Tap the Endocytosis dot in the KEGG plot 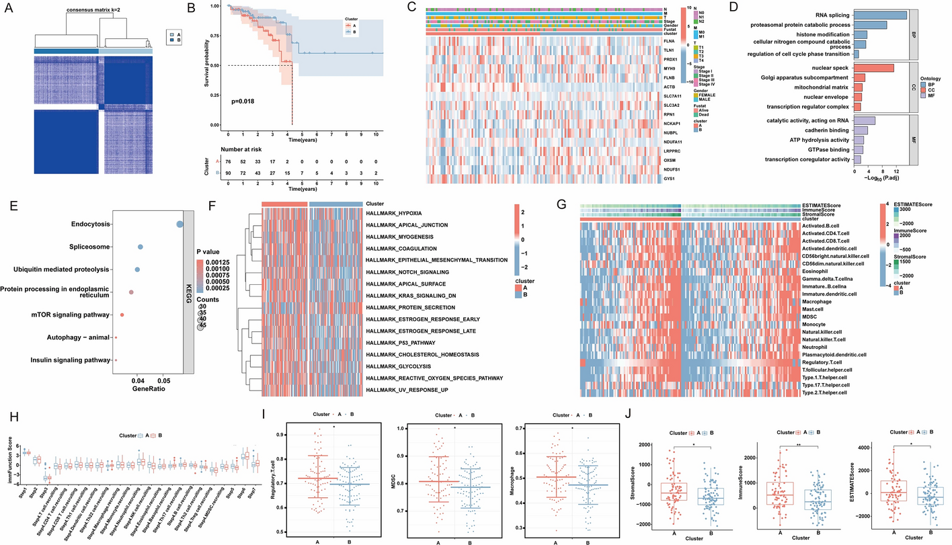[x=180, y=224]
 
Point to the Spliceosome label [x=89, y=247]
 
